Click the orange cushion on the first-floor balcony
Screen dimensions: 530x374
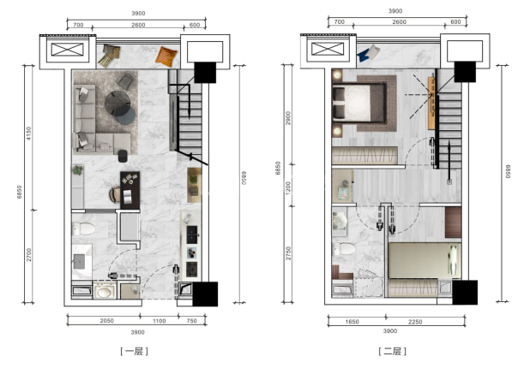(x=166, y=56)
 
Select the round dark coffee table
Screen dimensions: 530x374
(x=117, y=104)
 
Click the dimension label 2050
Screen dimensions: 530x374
(x=107, y=321)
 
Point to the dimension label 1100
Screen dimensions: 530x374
(x=159, y=321)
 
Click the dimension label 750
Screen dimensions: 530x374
(x=191, y=321)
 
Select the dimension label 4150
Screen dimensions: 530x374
(x=29, y=134)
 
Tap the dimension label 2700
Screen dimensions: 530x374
(x=29, y=255)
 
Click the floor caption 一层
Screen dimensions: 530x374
(x=134, y=352)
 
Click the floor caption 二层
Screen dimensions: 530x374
(x=393, y=352)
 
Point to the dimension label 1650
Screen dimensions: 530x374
(x=352, y=322)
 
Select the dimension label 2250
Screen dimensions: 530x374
(x=415, y=322)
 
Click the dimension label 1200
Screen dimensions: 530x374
(x=288, y=188)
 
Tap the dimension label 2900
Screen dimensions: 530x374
(x=288, y=118)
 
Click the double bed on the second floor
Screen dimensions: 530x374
(x=359, y=102)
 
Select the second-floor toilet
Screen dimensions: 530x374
(x=344, y=249)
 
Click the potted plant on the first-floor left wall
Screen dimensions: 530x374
(x=78, y=170)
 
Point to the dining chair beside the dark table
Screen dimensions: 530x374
(x=115, y=194)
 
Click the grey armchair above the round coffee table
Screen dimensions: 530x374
(x=125, y=82)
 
